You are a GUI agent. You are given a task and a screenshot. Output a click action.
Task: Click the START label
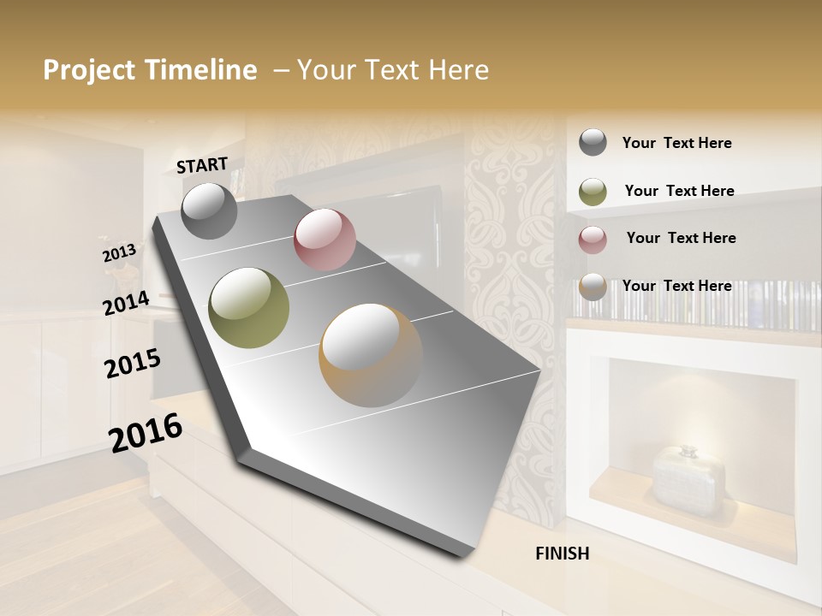click(x=202, y=165)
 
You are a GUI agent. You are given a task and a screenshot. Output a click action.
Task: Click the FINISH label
click(x=562, y=554)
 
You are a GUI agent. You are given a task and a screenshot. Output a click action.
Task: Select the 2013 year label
click(x=119, y=253)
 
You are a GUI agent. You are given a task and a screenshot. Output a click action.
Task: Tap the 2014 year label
click(x=126, y=303)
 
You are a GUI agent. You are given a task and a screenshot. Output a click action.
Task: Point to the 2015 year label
click(x=133, y=363)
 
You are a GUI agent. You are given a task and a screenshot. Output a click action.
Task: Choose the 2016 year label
click(x=146, y=432)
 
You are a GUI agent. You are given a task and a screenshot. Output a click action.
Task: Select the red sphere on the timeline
click(x=325, y=240)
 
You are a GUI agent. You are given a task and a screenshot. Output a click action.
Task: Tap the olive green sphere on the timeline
click(x=249, y=308)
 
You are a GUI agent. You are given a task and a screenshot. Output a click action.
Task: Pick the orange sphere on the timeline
click(x=372, y=355)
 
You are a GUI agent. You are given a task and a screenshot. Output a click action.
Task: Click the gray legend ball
click(x=593, y=142)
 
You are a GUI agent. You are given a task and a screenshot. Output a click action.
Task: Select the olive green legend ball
click(x=593, y=192)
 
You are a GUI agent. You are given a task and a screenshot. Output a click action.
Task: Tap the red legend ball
click(x=593, y=240)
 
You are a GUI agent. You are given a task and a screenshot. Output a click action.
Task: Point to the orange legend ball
click(x=593, y=287)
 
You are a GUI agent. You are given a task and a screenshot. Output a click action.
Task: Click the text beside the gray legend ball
click(x=676, y=143)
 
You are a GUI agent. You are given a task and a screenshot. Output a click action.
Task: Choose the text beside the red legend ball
click(x=681, y=238)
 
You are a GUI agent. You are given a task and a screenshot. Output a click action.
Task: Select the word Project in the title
click(x=90, y=70)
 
